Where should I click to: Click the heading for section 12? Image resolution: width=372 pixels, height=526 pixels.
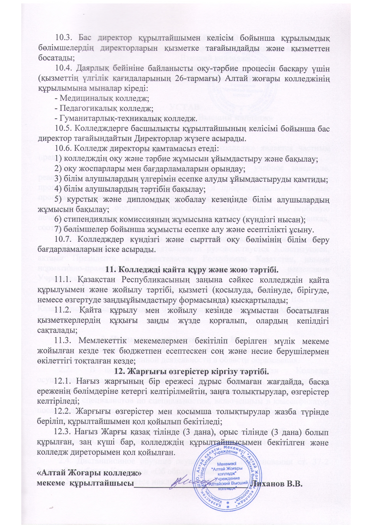coord(192,372)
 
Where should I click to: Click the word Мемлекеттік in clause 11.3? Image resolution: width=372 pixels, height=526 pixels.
coord(103,341)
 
